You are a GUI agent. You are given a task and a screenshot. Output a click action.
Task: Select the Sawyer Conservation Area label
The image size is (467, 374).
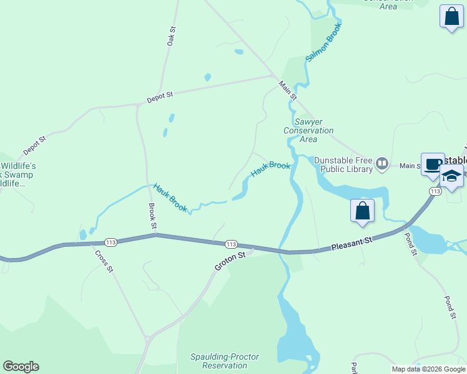click(x=308, y=130)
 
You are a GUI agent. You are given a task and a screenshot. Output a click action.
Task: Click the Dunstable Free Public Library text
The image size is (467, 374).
click(x=343, y=164)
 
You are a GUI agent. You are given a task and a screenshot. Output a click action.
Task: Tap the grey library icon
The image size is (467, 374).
click(x=383, y=165)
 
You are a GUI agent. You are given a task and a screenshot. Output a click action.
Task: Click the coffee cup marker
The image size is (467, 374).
click(x=433, y=165)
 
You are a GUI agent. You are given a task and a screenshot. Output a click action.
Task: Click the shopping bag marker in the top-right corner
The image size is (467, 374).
click(x=451, y=17)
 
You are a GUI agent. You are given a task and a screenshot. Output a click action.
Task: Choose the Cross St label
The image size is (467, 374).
click(x=104, y=261)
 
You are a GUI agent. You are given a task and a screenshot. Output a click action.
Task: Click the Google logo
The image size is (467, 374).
click(x=21, y=367)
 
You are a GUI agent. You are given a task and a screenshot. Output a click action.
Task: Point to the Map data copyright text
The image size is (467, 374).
click(x=428, y=369)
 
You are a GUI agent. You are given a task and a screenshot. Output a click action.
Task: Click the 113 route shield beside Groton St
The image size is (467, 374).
click(x=231, y=244)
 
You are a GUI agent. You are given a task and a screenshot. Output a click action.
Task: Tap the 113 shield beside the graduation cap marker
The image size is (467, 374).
click(x=435, y=191)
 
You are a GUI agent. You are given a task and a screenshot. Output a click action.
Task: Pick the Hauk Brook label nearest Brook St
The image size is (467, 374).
click(x=170, y=198)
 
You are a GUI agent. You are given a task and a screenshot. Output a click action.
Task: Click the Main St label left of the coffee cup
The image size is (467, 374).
click(x=411, y=166)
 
